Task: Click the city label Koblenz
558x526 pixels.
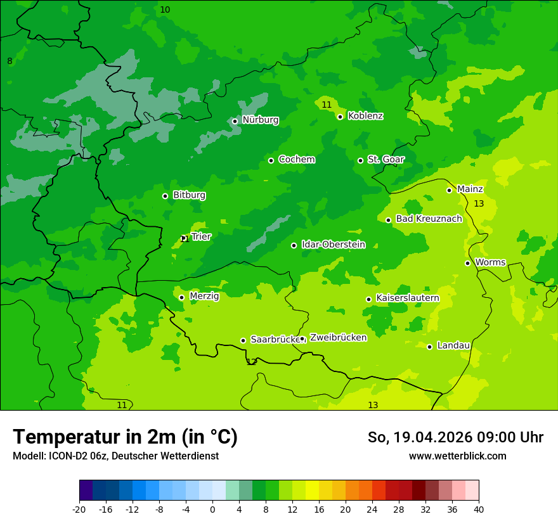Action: (x=365, y=116)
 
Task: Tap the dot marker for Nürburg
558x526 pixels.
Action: (x=235, y=121)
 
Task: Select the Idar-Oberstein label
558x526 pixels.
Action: (x=334, y=245)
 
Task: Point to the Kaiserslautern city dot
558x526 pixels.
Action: (x=368, y=299)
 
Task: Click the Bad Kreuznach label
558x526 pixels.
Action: (x=429, y=219)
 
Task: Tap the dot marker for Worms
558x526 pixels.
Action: (x=467, y=263)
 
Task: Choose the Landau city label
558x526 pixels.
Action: (x=453, y=346)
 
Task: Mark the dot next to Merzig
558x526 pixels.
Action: (x=181, y=297)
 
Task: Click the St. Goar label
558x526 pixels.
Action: (x=386, y=160)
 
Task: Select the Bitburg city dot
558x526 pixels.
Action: (x=165, y=196)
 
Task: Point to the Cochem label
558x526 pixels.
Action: (x=297, y=160)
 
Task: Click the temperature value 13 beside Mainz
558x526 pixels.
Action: (x=479, y=204)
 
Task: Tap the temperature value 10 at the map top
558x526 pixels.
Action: (x=165, y=10)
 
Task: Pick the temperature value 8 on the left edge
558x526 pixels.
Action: (x=10, y=61)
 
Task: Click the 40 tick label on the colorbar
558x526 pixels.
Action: (x=479, y=510)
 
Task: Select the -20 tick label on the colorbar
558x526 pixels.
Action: (x=79, y=510)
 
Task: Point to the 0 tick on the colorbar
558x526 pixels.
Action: (x=212, y=510)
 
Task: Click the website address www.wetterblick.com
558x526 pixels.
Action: (x=457, y=456)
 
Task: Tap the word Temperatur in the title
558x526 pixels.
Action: (x=68, y=437)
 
